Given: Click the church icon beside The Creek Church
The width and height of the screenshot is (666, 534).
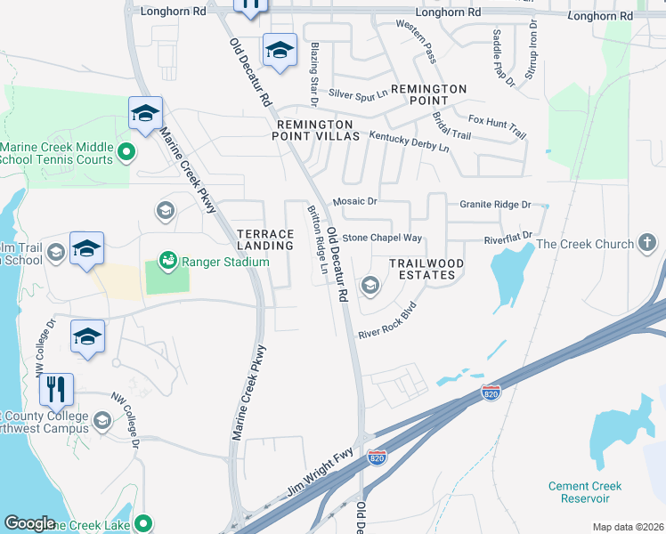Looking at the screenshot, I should click(x=647, y=244).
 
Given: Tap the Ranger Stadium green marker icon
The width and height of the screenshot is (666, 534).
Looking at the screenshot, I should click(x=166, y=261).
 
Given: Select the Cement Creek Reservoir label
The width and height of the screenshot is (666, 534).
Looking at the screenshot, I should click(x=585, y=492).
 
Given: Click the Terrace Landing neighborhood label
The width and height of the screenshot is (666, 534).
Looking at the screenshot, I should click(x=265, y=239).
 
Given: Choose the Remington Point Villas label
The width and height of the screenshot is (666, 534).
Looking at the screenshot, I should click(x=318, y=130).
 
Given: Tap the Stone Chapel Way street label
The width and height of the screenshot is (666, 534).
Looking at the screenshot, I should click(x=382, y=239).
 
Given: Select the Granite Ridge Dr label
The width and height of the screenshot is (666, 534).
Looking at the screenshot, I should click(x=495, y=205).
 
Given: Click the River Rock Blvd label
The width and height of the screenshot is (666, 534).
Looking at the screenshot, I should click(x=387, y=322).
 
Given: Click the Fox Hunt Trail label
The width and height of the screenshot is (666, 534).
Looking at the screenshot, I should click(x=497, y=125).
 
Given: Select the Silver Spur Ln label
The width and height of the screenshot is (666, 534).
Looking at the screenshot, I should click(x=358, y=93).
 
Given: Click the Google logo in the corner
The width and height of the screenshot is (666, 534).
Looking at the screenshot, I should click(x=29, y=523).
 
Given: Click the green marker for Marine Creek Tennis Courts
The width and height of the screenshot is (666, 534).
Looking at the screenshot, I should click(x=126, y=152).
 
